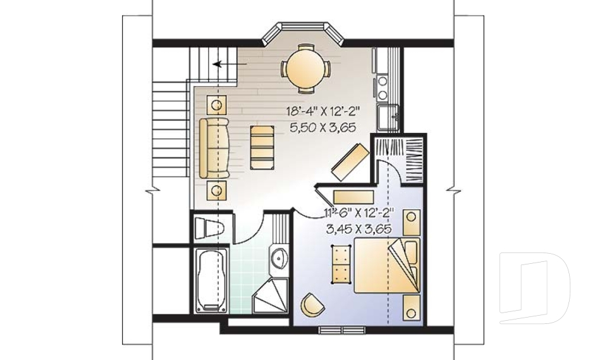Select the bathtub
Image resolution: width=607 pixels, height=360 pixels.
click(211, 280)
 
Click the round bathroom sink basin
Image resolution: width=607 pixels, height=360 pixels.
click(279, 256)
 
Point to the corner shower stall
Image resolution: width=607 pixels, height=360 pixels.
click(271, 297)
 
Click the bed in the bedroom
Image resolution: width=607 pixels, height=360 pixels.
click(387, 266)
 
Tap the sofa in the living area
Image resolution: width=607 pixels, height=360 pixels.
click(214, 148)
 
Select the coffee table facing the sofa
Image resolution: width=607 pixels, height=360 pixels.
click(262, 147)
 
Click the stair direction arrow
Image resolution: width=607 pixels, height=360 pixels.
click(231, 64)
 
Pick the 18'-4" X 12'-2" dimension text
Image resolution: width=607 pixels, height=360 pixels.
click(323, 112)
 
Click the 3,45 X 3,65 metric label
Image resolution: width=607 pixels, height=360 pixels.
click(359, 228)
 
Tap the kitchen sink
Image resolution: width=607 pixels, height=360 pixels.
click(388, 117)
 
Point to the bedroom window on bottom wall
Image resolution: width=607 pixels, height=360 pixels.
click(342, 330)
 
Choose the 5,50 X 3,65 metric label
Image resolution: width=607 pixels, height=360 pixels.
click(322, 128)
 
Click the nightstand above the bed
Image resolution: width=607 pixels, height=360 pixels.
click(412, 223)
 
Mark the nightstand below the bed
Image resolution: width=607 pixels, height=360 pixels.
click(412, 307)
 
